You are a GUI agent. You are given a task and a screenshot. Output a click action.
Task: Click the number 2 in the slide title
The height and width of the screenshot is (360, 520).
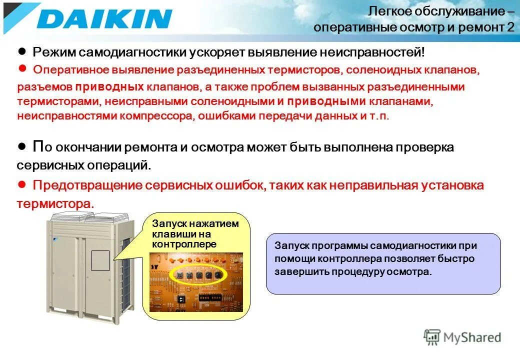pyautogui.click(x=510, y=27)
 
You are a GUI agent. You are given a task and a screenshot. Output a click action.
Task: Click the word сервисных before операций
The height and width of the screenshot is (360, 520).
pyautogui.click(x=51, y=164)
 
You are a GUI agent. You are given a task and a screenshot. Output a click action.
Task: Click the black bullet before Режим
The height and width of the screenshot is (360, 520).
pyautogui.click(x=21, y=52)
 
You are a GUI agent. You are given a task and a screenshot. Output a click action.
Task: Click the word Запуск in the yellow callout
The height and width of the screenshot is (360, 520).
pyautogui.click(x=168, y=224)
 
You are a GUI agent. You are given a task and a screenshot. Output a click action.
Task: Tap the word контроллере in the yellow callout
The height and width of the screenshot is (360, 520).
pyautogui.click(x=184, y=244)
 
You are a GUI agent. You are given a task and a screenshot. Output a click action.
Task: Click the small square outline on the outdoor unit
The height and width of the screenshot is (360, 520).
pyautogui.click(x=100, y=260)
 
